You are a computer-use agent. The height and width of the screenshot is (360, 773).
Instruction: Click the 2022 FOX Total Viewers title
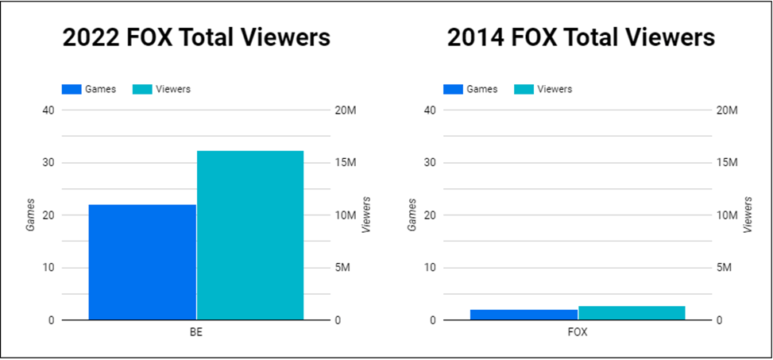pyautogui.click(x=196, y=38)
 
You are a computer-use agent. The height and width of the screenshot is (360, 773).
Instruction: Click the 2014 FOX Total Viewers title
pyautogui.click(x=580, y=38)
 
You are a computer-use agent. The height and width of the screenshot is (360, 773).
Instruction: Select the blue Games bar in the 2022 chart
pyautogui.click(x=142, y=262)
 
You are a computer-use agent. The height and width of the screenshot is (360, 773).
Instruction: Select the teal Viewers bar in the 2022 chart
pyautogui.click(x=250, y=235)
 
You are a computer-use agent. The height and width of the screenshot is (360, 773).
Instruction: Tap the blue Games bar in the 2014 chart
pyautogui.click(x=524, y=315)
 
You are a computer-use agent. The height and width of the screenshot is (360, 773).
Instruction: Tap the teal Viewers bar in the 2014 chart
pyautogui.click(x=632, y=313)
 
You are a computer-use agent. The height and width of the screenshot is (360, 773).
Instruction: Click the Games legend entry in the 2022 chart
pyautogui.click(x=89, y=89)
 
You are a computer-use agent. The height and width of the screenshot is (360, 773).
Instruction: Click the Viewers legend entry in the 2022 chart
pyautogui.click(x=162, y=89)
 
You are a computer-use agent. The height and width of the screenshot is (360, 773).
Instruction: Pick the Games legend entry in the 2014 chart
pyautogui.click(x=470, y=89)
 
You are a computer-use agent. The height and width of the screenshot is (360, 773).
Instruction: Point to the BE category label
pyautogui.click(x=196, y=332)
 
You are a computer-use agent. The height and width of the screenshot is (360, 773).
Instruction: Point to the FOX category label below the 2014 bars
pyautogui.click(x=578, y=332)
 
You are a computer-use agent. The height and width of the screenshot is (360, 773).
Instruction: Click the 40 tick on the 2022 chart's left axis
pyautogui.click(x=48, y=110)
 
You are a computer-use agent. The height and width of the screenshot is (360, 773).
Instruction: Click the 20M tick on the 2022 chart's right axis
pyautogui.click(x=347, y=110)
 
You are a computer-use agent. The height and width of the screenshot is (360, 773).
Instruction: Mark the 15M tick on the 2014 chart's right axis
pyautogui.click(x=729, y=163)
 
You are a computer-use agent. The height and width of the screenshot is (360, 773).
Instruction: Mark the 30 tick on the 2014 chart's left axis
pyautogui.click(x=429, y=163)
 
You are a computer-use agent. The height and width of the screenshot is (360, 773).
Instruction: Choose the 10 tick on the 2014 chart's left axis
pyautogui.click(x=429, y=268)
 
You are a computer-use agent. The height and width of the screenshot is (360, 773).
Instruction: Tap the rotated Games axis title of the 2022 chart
pyautogui.click(x=30, y=215)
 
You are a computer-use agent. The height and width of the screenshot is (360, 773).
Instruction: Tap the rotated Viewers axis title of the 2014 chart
pyautogui.click(x=748, y=215)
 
